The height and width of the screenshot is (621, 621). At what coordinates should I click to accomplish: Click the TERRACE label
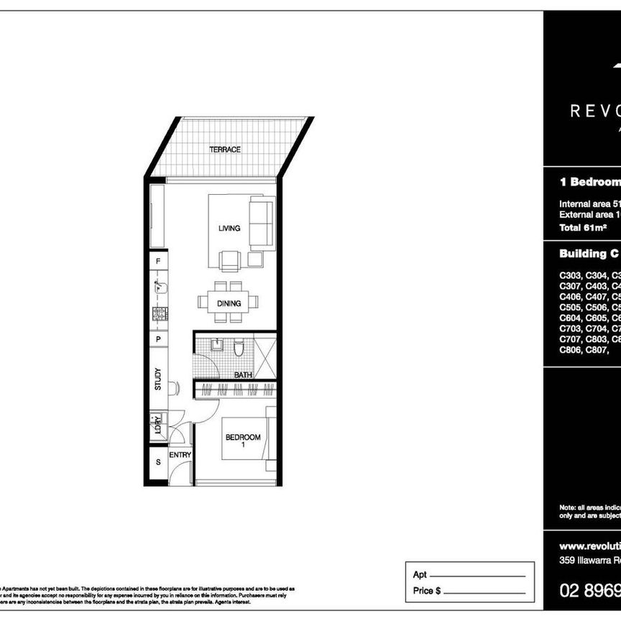coord(224,149)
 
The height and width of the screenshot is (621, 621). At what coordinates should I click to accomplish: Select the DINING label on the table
coord(229,303)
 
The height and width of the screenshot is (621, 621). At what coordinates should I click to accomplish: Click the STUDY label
coord(158,379)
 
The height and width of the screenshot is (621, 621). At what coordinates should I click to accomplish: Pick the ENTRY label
coord(180,455)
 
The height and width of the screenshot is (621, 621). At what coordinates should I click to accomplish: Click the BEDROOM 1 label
coord(243,441)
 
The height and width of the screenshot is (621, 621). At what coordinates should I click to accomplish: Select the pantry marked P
coord(158,339)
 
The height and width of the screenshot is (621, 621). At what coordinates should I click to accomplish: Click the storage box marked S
coord(158,462)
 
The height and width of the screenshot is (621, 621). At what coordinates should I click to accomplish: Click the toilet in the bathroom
coord(240,351)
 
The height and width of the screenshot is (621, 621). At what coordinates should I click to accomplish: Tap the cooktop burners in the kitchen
coord(159,313)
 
